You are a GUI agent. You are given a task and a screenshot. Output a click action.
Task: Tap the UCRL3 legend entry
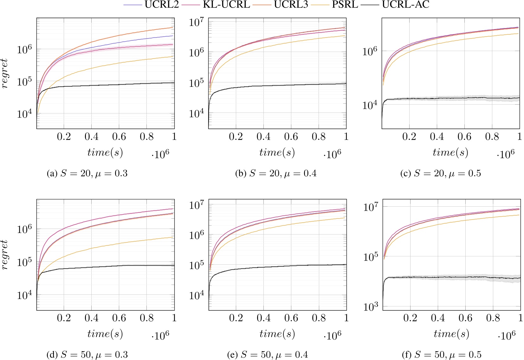coord(291,5)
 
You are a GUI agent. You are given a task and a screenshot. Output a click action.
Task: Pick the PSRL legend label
coord(345,5)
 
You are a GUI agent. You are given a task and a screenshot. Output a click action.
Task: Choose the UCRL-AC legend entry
coord(405,5)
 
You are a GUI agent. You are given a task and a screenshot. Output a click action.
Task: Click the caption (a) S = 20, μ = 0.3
coord(87,173)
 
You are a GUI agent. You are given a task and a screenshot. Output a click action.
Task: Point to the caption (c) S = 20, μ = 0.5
coord(441,173)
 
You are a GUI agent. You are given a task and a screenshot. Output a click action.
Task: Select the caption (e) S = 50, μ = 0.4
coord(268,354)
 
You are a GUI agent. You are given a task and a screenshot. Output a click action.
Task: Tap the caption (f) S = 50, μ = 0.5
coord(441,354)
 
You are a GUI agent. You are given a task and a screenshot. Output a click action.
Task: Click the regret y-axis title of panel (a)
coord(4,74)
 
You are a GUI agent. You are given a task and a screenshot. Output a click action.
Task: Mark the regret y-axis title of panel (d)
coord(4,255)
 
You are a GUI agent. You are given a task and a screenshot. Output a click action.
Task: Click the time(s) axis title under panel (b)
coord(277,153)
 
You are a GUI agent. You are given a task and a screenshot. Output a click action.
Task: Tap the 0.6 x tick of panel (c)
coord(464,137)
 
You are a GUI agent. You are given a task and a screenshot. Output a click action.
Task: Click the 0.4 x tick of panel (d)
coord(91,318)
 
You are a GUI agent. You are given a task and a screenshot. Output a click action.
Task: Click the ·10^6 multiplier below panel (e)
coord(332,335)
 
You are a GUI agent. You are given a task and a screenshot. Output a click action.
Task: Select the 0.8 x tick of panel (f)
coord(493,318)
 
